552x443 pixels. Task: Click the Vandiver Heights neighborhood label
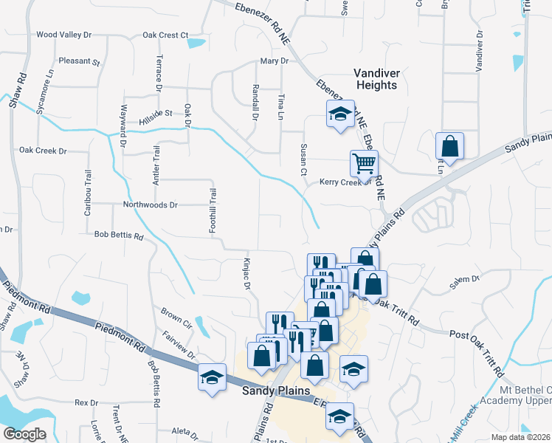click(375, 79)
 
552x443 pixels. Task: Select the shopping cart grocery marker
click(363, 164)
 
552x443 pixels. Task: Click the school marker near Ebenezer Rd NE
click(339, 114)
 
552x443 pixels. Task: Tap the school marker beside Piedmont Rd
click(212, 377)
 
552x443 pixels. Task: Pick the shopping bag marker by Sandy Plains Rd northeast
click(449, 145)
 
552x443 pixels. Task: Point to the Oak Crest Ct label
click(165, 35)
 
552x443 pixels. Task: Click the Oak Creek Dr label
click(43, 151)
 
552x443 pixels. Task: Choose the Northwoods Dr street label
click(151, 205)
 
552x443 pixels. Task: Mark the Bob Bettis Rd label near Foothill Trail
click(118, 236)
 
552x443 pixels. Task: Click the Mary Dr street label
click(273, 61)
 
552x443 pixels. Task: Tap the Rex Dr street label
click(86, 402)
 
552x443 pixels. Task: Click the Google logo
click(24, 434)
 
